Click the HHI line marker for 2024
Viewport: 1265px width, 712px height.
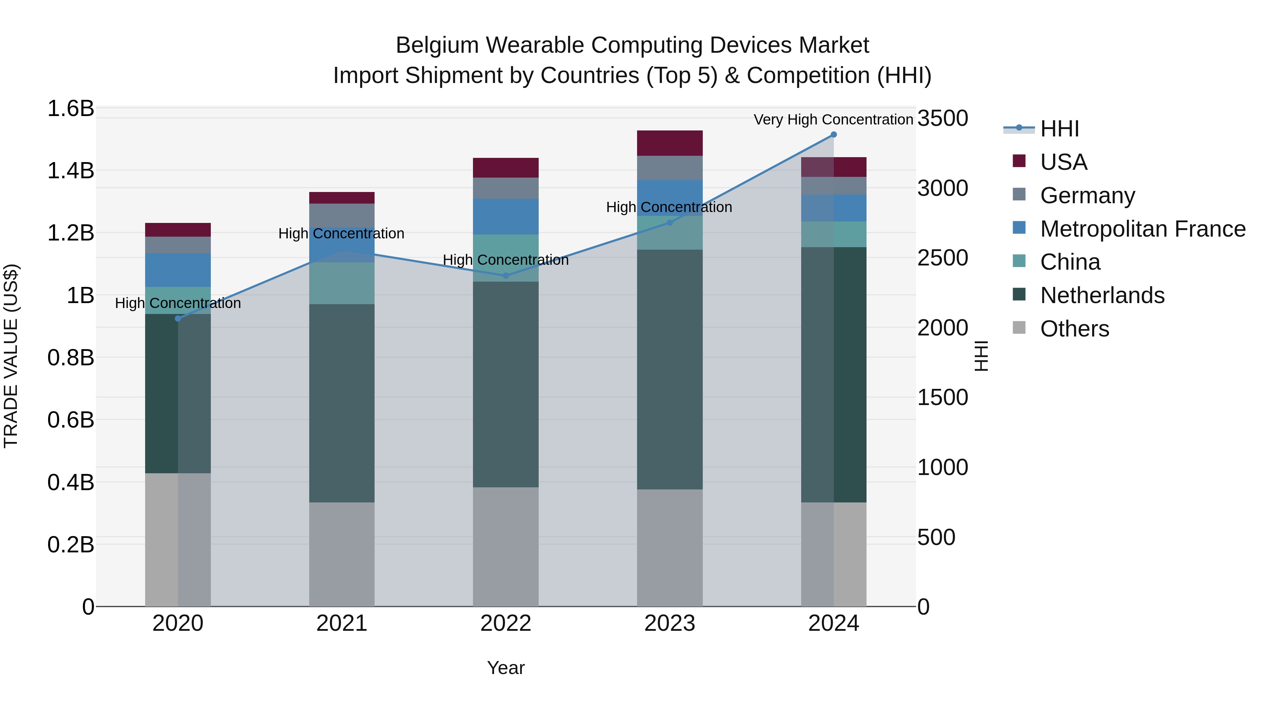(x=833, y=135)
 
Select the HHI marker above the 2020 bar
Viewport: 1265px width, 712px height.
(x=178, y=319)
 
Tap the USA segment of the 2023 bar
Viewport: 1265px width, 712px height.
(x=669, y=143)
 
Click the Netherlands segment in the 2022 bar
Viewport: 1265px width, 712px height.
(x=505, y=384)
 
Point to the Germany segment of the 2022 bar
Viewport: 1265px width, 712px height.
(x=505, y=188)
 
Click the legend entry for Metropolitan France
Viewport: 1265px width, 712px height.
(x=1142, y=229)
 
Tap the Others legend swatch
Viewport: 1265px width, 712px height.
(x=1019, y=328)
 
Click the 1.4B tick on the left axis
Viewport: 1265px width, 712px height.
(x=71, y=171)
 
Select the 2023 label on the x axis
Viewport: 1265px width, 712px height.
(x=669, y=623)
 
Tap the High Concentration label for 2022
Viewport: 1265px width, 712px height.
(x=505, y=260)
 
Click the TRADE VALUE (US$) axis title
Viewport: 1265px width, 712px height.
(x=11, y=356)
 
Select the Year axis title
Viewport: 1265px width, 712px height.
(x=505, y=668)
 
